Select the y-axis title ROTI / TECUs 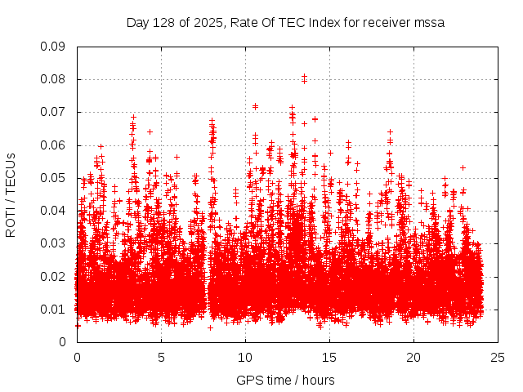11,194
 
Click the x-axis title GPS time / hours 285,380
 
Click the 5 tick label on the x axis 161,357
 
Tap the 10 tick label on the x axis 245,357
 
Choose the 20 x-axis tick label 413,357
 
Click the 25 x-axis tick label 498,357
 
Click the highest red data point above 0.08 304,76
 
